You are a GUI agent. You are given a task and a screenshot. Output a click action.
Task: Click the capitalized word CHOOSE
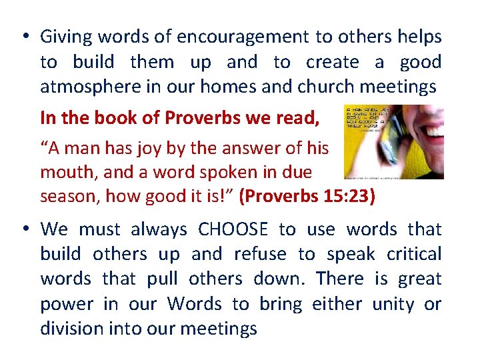pos(233,229)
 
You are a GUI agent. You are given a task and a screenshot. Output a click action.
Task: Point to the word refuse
pos(259,254)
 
